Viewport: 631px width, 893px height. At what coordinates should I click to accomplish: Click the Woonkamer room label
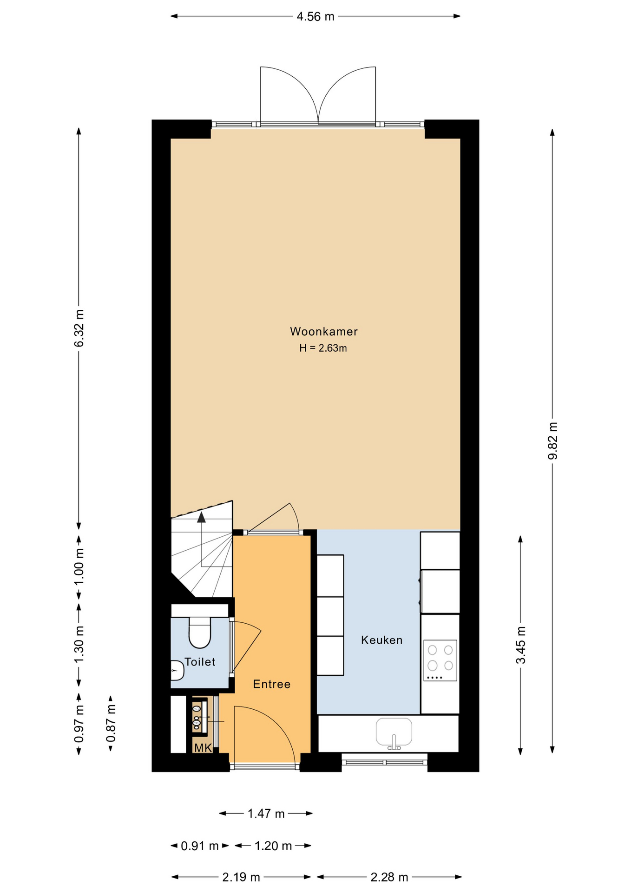click(324, 332)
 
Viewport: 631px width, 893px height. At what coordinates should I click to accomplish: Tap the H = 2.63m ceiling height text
click(323, 348)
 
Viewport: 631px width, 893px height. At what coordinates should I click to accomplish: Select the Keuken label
click(382, 640)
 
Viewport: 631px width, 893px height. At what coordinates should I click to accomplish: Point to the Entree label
click(272, 684)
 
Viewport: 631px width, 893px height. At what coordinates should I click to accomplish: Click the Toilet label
click(200, 662)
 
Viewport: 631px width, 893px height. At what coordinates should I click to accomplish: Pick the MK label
click(203, 748)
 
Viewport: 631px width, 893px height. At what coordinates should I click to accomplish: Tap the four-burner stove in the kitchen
click(440, 660)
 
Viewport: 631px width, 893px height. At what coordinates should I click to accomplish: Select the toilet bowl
click(200, 633)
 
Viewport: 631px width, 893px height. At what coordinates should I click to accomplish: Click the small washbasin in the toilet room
click(177, 671)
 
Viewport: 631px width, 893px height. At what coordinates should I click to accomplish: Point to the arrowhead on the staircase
click(201, 517)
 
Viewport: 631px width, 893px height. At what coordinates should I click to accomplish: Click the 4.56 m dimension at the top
click(315, 17)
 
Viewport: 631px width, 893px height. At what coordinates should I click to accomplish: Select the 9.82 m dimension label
click(552, 440)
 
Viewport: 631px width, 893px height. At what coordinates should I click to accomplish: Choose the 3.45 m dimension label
click(521, 645)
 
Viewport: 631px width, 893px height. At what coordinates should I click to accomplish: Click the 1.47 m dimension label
click(266, 813)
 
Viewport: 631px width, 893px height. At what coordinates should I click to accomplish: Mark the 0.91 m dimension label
click(200, 846)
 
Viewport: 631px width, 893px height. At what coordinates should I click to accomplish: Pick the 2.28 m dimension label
click(389, 877)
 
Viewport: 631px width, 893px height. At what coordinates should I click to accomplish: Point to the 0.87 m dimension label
click(111, 723)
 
